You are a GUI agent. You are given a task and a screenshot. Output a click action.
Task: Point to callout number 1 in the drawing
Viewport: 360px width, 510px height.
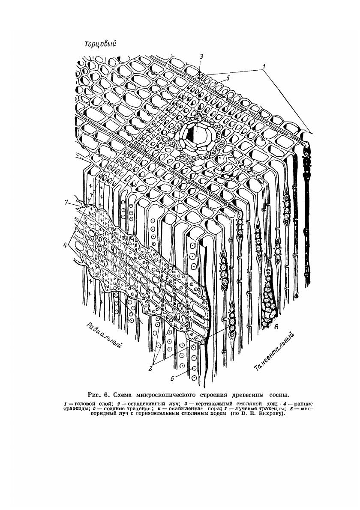pos(265,67)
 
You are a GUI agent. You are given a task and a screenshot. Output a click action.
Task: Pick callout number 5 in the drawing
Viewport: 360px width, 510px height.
pos(228,78)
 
